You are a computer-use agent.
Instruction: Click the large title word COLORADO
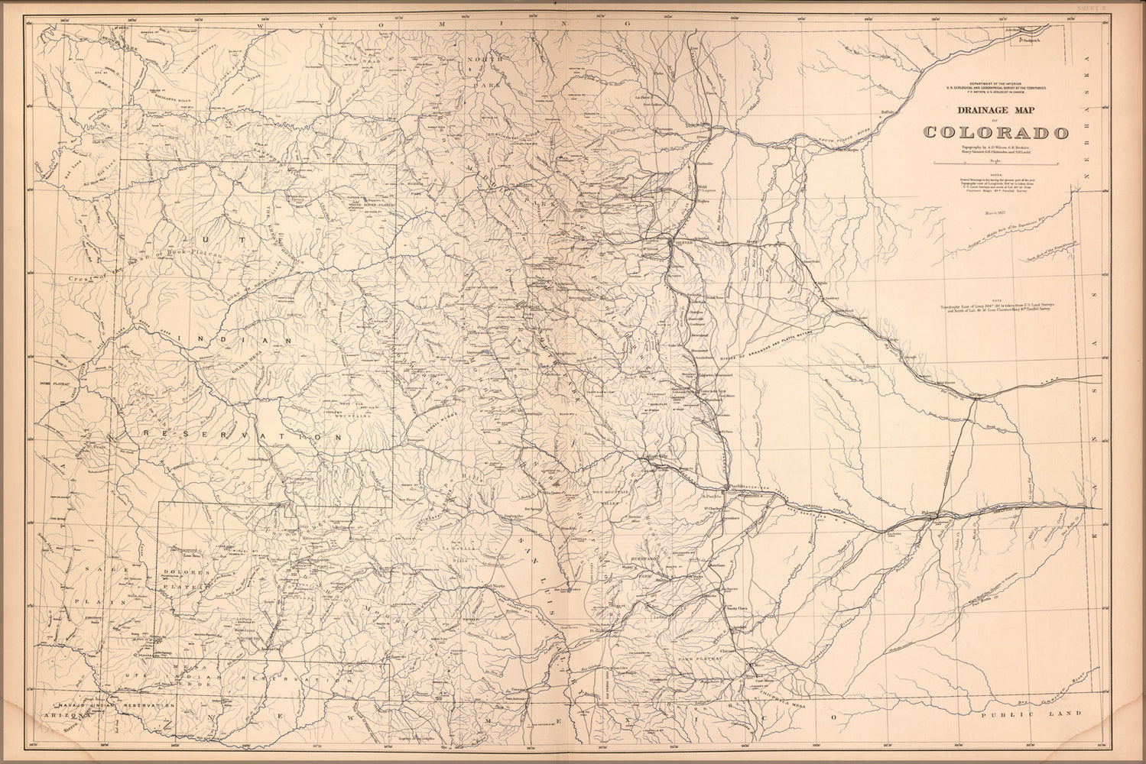coord(996,132)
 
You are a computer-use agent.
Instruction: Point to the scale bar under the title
coord(996,163)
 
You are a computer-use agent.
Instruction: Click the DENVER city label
coord(682,242)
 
